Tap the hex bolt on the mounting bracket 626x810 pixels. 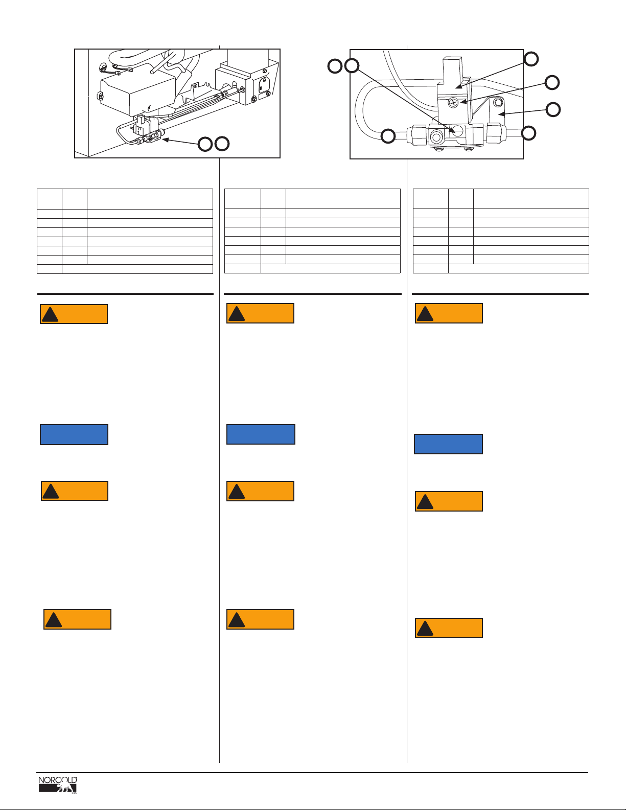click(499, 102)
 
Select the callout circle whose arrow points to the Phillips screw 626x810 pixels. click(552, 82)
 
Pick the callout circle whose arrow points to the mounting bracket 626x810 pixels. click(553, 109)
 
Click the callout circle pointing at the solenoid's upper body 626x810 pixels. click(531, 59)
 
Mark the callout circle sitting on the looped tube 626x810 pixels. click(388, 136)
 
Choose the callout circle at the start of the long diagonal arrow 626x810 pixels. click(352, 65)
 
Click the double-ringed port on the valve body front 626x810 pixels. click(436, 137)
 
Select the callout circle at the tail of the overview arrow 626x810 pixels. click(205, 144)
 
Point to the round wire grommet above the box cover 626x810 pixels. click(104, 66)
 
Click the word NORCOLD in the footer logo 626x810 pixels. click(58, 780)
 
